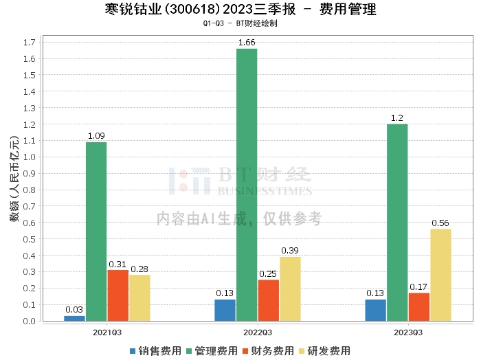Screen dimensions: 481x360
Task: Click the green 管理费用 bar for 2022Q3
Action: (247, 185)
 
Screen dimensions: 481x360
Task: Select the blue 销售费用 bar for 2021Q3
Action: (74, 319)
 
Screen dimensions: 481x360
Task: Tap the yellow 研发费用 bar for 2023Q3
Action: (441, 275)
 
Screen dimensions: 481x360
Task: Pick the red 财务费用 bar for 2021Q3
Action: (118, 295)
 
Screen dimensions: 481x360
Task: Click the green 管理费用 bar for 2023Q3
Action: (397, 223)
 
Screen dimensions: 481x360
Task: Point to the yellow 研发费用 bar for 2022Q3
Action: (290, 289)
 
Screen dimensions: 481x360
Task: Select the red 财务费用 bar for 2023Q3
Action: (419, 307)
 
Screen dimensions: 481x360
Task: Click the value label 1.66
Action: (247, 43)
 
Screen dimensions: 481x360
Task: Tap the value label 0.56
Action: (440, 223)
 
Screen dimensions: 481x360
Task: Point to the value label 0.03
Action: (74, 310)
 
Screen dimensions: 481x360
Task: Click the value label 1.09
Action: (96, 136)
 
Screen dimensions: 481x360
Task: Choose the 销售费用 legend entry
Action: (156, 351)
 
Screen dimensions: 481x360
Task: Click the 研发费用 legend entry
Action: (325, 351)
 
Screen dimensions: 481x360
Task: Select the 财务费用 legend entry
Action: (269, 351)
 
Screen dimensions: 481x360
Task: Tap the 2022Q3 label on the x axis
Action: (258, 333)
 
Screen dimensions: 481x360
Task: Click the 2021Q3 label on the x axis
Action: (107, 333)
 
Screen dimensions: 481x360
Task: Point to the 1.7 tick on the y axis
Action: (30, 43)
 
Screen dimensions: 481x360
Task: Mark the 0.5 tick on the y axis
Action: (30, 239)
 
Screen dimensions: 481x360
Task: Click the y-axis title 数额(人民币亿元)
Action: (14, 179)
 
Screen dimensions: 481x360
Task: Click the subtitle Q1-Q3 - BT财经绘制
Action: (240, 23)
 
